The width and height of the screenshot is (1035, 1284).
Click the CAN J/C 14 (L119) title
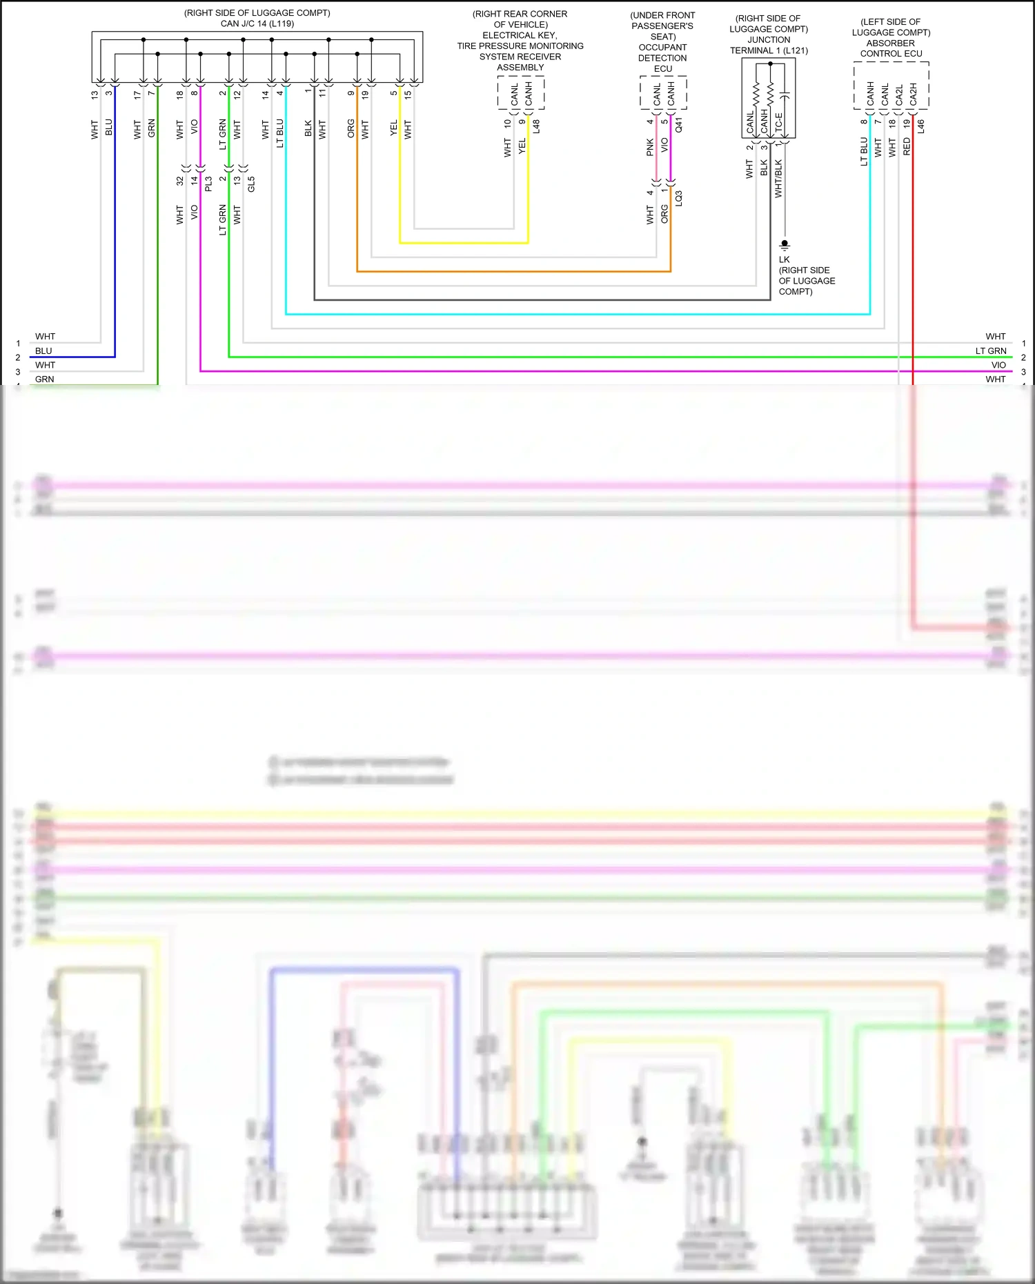(257, 23)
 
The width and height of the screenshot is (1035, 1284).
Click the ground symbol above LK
(785, 245)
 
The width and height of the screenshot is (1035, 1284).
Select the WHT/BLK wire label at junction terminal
(778, 179)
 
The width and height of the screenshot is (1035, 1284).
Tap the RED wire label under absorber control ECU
(907, 146)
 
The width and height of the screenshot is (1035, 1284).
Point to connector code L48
(536, 126)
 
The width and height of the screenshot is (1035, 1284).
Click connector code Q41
(679, 125)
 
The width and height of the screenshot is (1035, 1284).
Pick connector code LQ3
(679, 198)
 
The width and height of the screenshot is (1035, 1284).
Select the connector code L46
(920, 126)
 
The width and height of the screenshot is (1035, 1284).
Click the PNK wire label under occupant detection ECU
(650, 147)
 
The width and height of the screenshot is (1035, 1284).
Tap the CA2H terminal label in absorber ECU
(913, 95)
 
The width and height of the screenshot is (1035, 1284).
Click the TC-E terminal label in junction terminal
(779, 123)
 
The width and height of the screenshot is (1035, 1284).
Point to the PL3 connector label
(208, 184)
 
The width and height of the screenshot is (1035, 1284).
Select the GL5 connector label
(251, 184)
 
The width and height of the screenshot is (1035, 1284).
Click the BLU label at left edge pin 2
(43, 350)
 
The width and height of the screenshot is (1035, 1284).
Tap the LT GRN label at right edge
(990, 350)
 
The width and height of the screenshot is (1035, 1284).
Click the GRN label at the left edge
(44, 379)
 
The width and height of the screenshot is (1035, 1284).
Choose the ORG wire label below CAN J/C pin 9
(351, 128)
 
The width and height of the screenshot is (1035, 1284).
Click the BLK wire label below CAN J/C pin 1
(308, 128)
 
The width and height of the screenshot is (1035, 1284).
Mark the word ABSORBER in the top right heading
(890, 43)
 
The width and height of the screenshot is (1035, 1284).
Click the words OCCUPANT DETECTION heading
(662, 52)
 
